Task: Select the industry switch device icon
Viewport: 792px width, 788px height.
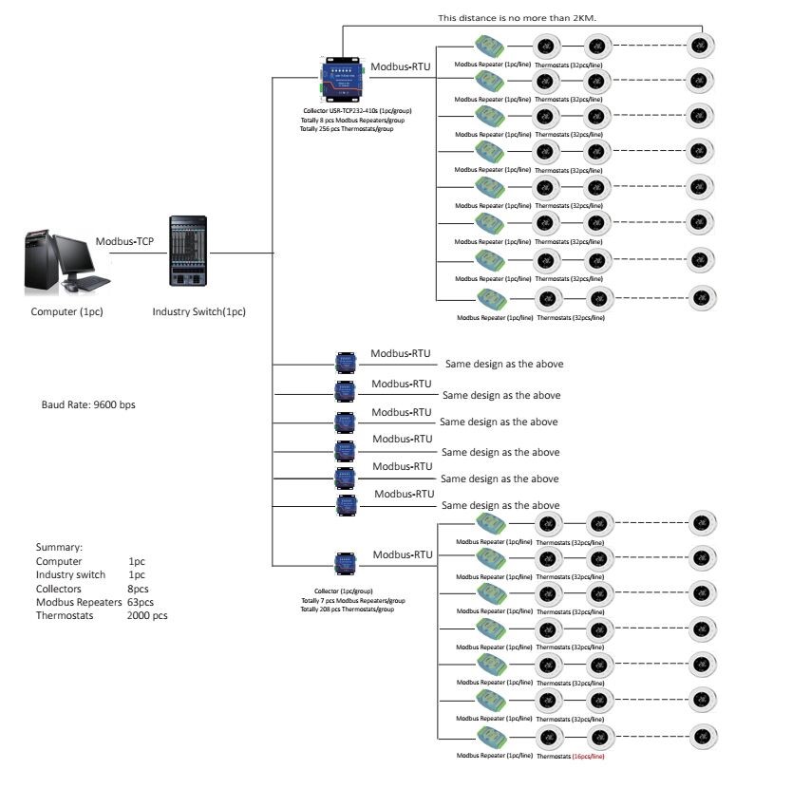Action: (x=188, y=252)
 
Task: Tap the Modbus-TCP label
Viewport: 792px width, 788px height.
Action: (x=124, y=241)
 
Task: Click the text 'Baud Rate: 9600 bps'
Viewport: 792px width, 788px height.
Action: (x=88, y=404)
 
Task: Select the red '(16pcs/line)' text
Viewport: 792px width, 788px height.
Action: (x=588, y=756)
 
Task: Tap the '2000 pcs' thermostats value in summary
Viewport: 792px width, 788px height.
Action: (x=147, y=615)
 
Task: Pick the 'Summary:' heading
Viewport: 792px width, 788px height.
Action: (x=60, y=548)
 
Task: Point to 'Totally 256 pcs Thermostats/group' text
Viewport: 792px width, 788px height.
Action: (x=346, y=128)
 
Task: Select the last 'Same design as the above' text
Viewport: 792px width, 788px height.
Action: (x=500, y=505)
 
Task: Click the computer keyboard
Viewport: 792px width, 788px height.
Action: (x=91, y=282)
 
